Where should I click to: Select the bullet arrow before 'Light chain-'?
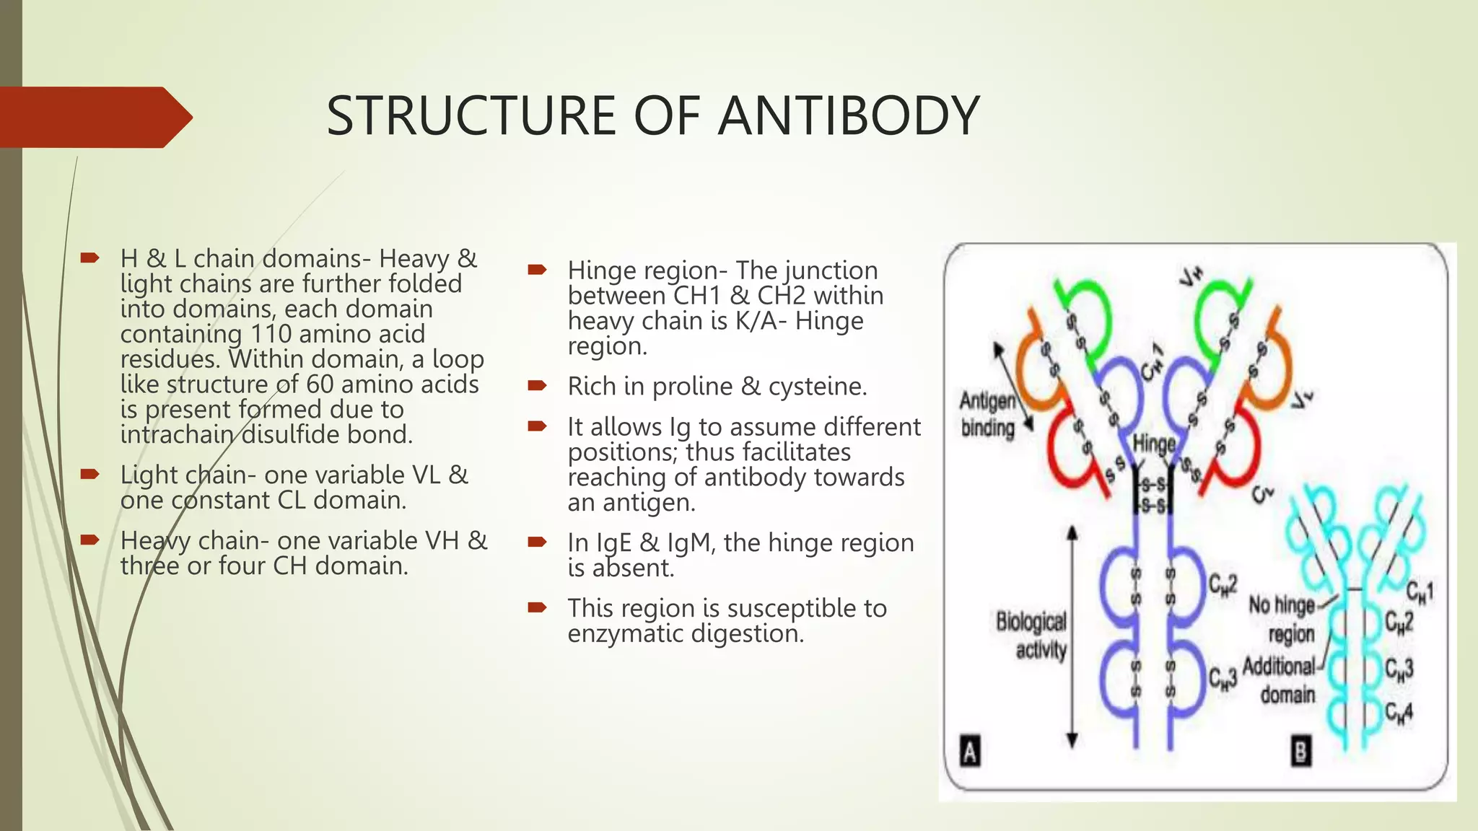tap(89, 474)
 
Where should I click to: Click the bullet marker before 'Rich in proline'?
tap(537, 386)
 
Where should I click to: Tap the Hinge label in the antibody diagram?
tap(1153, 444)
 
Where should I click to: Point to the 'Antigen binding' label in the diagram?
tap(987, 414)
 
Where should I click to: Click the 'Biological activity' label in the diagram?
tap(1032, 635)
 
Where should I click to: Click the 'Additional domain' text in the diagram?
tap(1280, 680)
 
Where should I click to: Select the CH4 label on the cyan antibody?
tap(1399, 713)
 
